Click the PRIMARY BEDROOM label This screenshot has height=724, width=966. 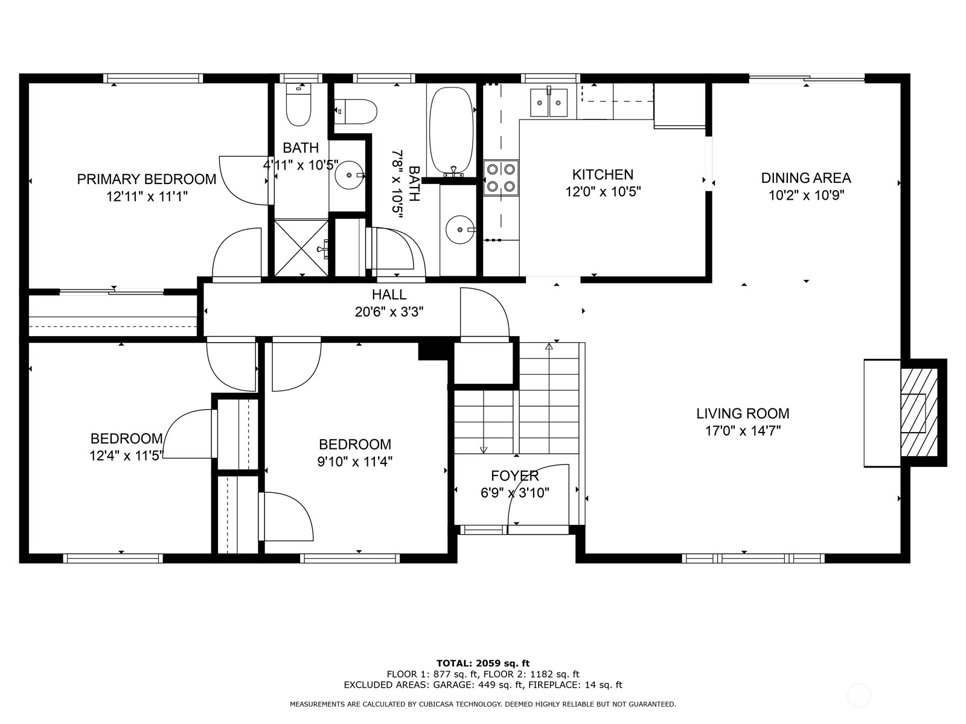coord(147,179)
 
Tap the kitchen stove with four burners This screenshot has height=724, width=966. coord(501,177)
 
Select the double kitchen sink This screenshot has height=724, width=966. coord(548,103)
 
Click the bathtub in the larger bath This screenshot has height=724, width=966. coord(451,130)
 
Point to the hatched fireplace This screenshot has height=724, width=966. coord(919,412)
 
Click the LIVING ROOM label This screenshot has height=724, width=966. coord(743,413)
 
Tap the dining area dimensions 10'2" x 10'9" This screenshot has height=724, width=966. coord(806,195)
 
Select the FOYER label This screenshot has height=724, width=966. coord(515,475)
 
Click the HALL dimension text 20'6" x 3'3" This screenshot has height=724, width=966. coord(389,312)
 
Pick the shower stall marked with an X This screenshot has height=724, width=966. coord(301,248)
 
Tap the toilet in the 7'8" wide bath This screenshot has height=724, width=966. coord(356,111)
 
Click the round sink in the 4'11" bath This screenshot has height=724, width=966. coord(349,175)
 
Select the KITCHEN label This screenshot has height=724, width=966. coord(603,174)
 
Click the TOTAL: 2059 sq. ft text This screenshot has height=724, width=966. coord(483,663)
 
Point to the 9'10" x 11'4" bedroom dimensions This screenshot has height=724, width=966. coord(355,462)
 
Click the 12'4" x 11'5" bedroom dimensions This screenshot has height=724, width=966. coord(126,456)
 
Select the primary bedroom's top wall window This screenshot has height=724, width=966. coord(153,78)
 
